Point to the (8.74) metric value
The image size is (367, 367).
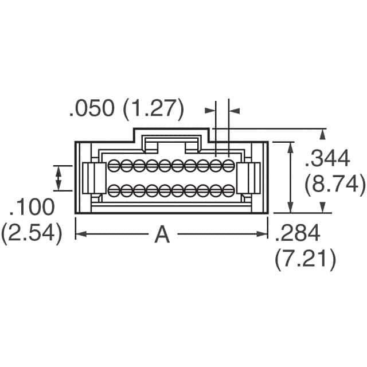coord(335,184)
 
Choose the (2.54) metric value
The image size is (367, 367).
coord(32,233)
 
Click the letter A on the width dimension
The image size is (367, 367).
coord(163,234)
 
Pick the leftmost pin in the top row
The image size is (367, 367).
coord(114,166)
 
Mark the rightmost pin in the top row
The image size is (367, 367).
coord(228,166)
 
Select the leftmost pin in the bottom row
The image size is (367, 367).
coord(114,190)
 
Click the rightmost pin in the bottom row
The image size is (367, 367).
coord(228,190)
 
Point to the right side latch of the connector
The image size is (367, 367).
coord(248,178)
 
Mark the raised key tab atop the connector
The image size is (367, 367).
coord(172,138)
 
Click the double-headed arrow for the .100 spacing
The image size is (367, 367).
coord(58,178)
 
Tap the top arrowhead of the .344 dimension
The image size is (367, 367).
coord(323,134)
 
